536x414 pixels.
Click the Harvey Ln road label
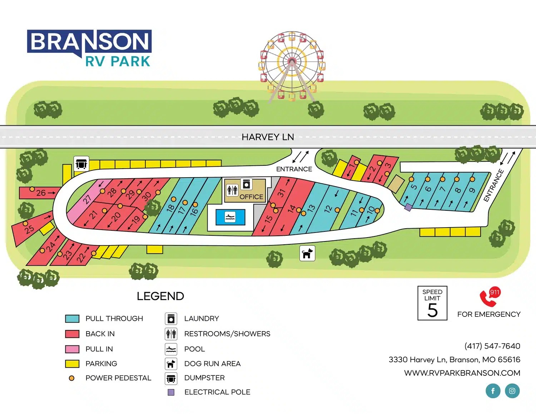coord(268,137)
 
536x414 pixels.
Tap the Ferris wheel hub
coord(292,61)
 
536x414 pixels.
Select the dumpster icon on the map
coord(81,164)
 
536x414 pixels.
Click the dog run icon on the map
coord(307,253)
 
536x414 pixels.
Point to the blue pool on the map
coord(230,217)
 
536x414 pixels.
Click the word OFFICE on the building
coord(251,197)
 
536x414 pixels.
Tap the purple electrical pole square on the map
coord(408,207)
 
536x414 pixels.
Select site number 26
coord(41,193)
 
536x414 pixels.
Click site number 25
coord(29,229)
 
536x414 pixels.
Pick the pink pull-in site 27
coord(87,199)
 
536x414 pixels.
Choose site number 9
coord(472,190)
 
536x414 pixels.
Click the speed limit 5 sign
coord(432,303)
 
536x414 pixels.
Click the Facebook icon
coord(493,391)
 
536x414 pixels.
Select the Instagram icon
coord(512,391)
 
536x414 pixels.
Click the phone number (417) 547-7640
coord(492,346)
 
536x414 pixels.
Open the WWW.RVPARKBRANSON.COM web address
coord(462,373)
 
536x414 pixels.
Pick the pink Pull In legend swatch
coord(72,349)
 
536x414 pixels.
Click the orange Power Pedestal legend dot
coord(71,378)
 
